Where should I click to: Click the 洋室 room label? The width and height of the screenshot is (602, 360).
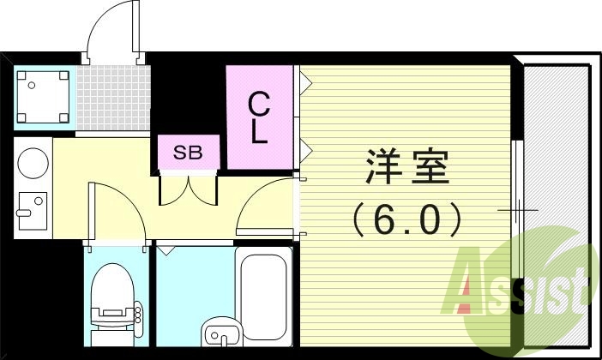point(407,167)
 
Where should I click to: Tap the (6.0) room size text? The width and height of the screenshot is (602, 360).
point(407,219)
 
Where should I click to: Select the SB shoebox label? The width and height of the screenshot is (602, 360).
point(189,153)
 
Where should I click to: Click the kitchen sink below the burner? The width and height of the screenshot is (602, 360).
point(32,211)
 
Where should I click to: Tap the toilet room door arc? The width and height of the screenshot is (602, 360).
point(116,210)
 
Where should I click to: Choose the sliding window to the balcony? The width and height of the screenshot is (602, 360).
point(516,210)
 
